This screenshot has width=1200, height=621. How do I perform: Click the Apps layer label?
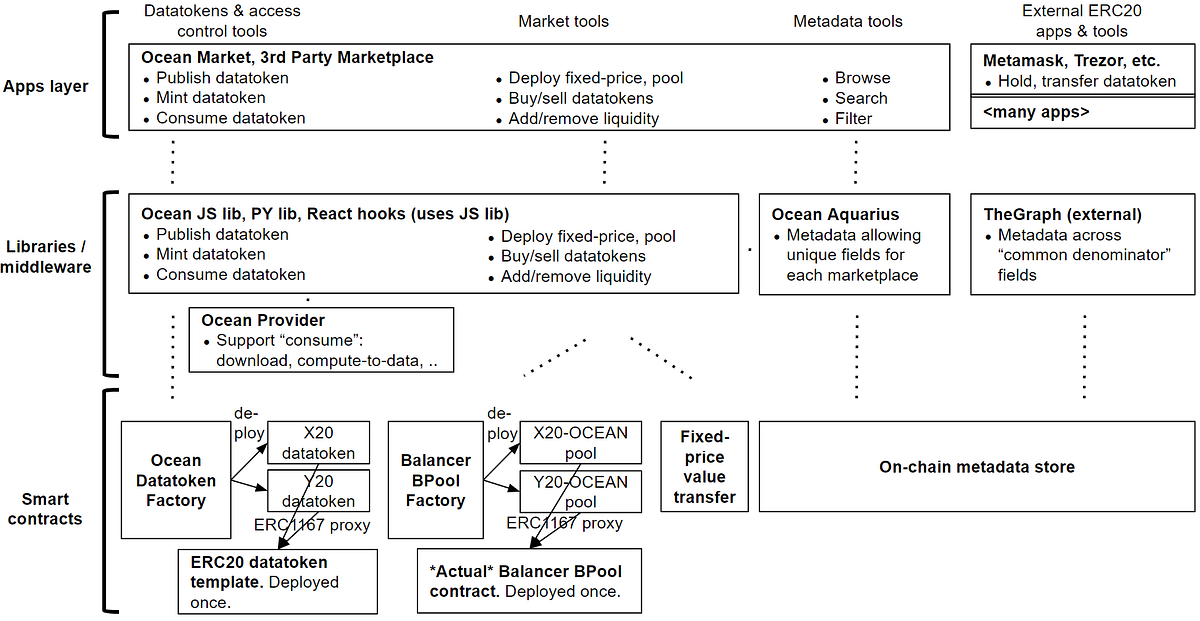(x=46, y=87)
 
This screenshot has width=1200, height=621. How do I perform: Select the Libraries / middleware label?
(x=47, y=257)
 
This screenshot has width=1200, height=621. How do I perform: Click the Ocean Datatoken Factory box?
(x=175, y=480)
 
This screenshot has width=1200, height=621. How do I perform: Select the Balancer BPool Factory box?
(x=435, y=480)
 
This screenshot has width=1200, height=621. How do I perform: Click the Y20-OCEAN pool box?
(x=579, y=491)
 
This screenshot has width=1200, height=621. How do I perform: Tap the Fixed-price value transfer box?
(x=705, y=467)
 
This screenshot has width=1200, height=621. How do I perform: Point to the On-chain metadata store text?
(x=976, y=467)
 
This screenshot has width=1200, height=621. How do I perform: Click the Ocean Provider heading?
(x=263, y=320)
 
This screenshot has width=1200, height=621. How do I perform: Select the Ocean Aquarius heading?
(x=835, y=215)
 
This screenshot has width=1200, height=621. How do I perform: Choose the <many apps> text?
(x=1036, y=113)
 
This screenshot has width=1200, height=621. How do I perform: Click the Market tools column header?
(x=563, y=21)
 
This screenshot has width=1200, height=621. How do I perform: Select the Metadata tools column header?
(x=847, y=21)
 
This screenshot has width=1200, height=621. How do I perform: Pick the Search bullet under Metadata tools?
(x=861, y=98)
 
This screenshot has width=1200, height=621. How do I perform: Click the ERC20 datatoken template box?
(x=278, y=581)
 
